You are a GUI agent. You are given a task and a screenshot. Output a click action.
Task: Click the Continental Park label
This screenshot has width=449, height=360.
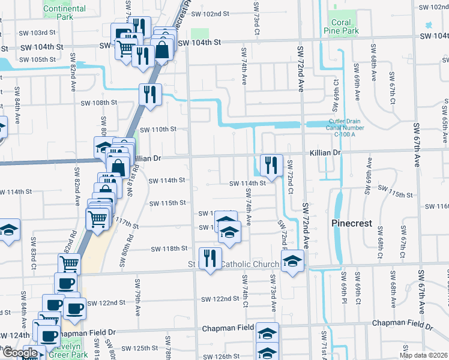pos(65,13)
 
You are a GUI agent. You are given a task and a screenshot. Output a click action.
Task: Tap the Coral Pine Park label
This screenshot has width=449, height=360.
pos(341,26)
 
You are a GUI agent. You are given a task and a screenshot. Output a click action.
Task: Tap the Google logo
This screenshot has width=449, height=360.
pos(19,353)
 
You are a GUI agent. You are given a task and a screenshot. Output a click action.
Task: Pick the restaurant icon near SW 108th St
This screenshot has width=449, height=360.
pos(149,94)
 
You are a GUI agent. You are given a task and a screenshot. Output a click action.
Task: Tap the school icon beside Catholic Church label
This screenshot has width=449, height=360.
pos(292,260)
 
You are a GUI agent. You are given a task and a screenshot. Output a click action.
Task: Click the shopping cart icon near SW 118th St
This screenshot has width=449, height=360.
pos(70,263)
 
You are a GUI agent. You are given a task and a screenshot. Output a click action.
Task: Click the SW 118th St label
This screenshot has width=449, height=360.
pos(169,248)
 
